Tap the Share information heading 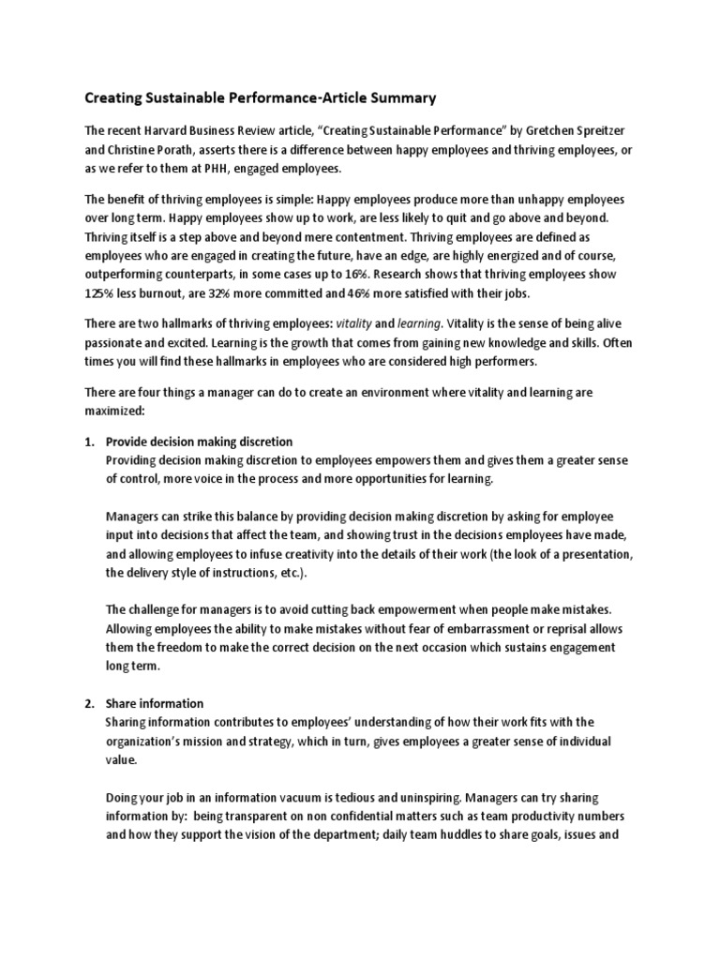pyautogui.click(x=155, y=703)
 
